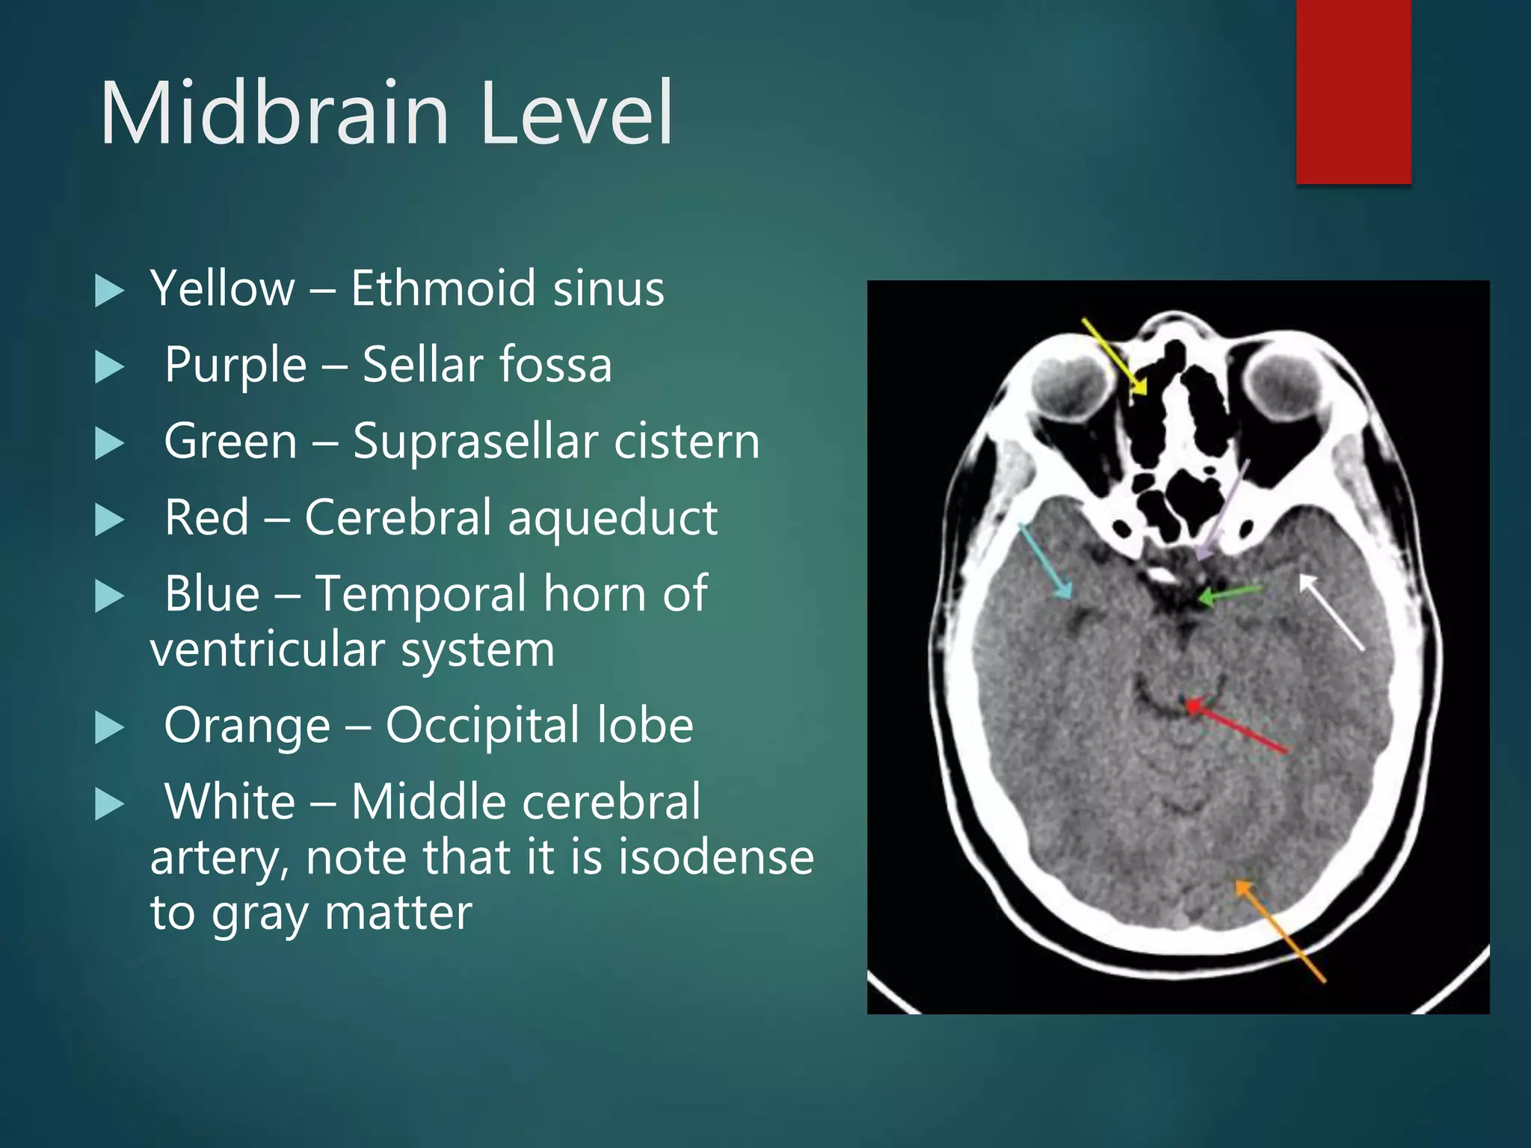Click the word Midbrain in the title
pos(274,114)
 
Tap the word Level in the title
pos(576,114)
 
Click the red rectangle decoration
pos(1353,91)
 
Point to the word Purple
pos(235,365)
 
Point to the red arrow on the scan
pos(1236,726)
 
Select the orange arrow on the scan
pos(1279,931)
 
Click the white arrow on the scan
pos(1332,612)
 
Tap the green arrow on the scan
pos(1230,594)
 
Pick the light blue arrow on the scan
pos(1045,560)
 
